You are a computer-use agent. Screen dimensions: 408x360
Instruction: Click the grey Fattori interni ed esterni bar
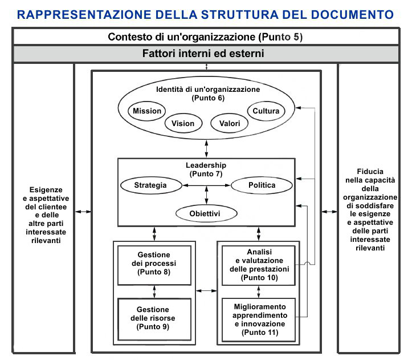206,54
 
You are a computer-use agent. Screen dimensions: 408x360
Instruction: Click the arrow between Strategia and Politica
206,185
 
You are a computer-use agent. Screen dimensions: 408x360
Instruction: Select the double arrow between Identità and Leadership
206,148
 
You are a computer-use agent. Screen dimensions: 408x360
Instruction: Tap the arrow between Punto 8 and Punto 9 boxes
154,292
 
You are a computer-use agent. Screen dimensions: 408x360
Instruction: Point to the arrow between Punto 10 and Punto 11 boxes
258,292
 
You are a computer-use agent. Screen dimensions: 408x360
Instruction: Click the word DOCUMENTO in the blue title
352,15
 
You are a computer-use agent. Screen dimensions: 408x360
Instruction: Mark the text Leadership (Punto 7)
206,169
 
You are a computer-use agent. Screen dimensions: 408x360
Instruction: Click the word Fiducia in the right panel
370,171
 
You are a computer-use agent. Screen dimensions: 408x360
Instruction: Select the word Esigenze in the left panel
46,190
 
